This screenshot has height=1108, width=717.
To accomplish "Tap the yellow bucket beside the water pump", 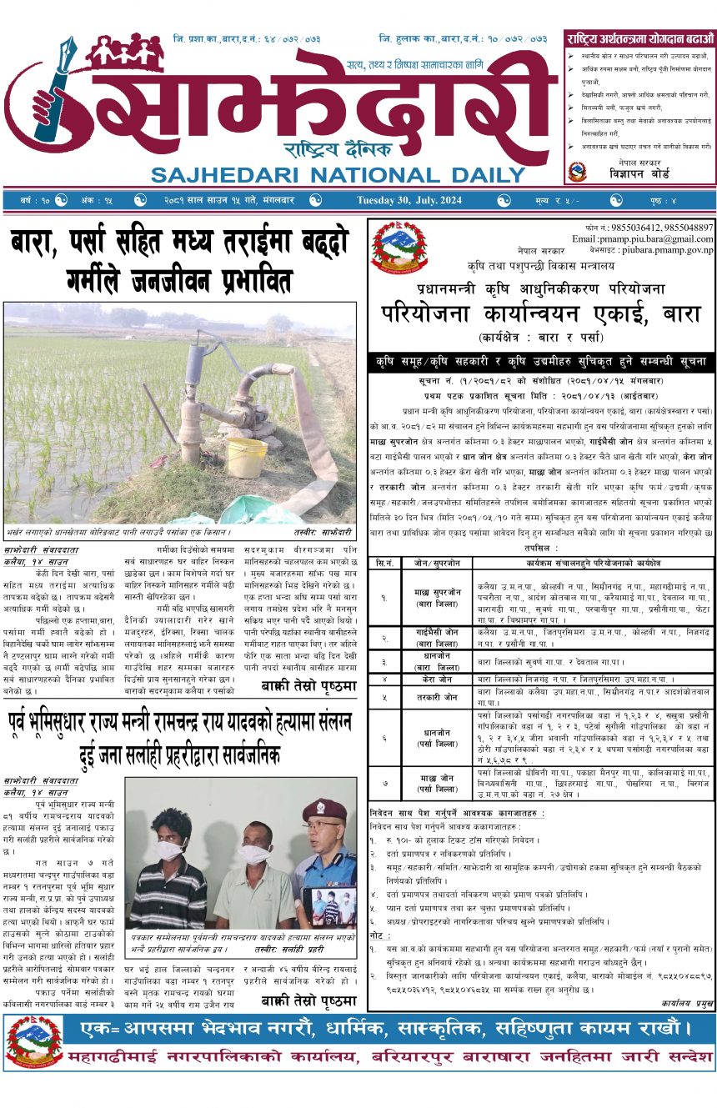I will pos(247,457).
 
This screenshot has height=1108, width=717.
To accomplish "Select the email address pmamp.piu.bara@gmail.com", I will pos(643,238).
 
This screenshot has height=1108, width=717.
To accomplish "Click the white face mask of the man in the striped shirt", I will pos(170,850).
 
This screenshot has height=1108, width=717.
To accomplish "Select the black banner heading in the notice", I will pos(541,363).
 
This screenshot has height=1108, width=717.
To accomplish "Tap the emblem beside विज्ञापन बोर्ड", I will pos(577,172).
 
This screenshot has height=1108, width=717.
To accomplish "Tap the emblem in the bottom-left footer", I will pos(34,1041).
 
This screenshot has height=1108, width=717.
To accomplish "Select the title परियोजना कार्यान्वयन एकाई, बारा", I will pos(541,315).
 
